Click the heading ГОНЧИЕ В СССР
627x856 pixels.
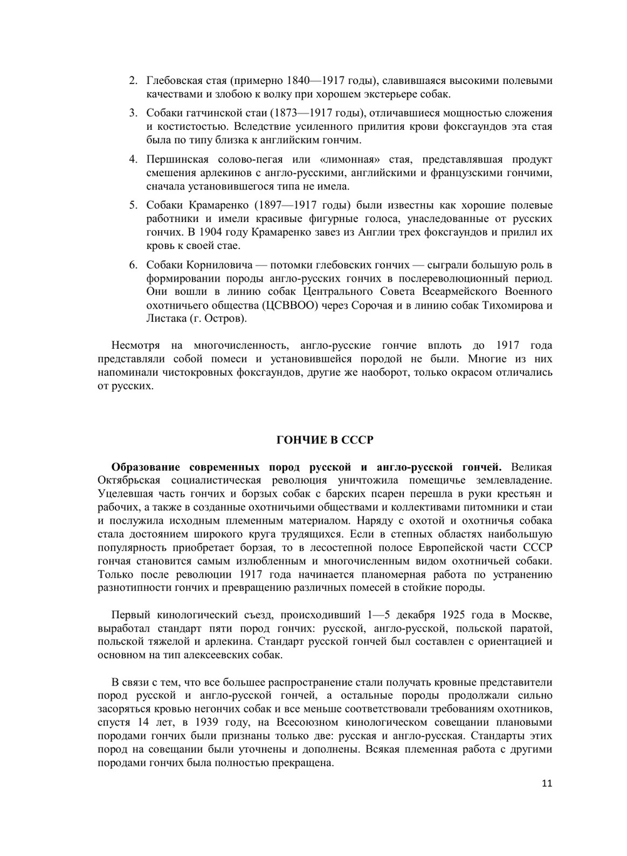pos(325,440)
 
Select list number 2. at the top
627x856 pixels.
pos(133,81)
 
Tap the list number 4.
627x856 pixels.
pos(133,159)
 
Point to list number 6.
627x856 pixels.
pos(133,265)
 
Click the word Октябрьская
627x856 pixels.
pos(129,480)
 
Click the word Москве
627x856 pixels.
pos(531,615)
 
